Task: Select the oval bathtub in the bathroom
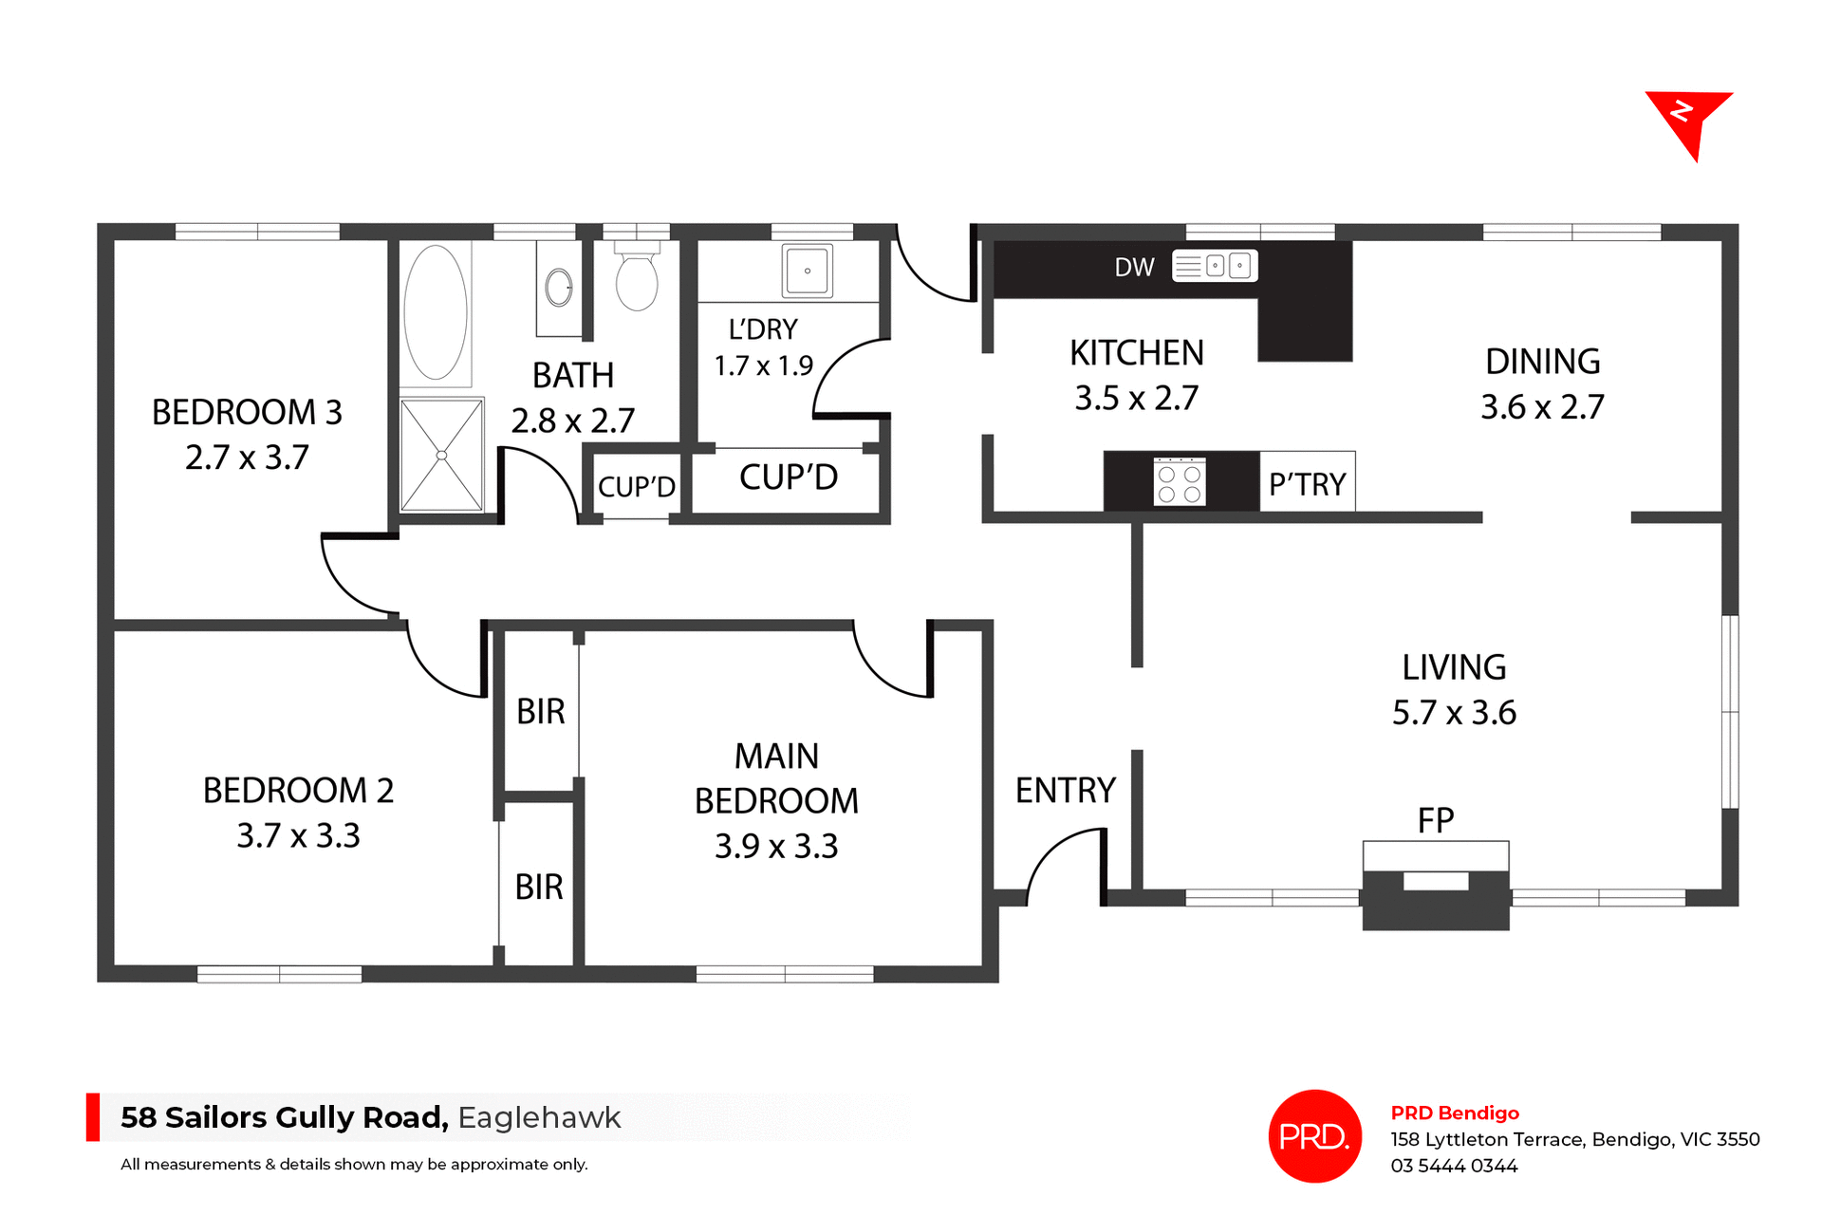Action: tap(436, 312)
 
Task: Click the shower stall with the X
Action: tap(441, 456)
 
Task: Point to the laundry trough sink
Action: tap(808, 271)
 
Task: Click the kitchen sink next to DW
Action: tap(1215, 266)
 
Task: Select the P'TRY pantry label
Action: tap(1307, 484)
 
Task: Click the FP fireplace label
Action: tap(1435, 820)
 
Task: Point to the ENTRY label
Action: tap(1065, 790)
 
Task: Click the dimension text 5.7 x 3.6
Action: tap(1454, 713)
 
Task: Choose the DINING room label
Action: tap(1542, 362)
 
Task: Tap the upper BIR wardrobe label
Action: tap(540, 711)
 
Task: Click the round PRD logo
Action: tap(1314, 1135)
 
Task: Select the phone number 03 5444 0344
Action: tap(1454, 1166)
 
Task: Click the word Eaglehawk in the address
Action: tap(539, 1117)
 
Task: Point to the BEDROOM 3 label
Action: tap(247, 412)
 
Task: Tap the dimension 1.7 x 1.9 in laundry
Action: tap(763, 365)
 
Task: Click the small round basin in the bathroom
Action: tap(559, 287)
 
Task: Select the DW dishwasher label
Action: tap(1134, 267)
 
